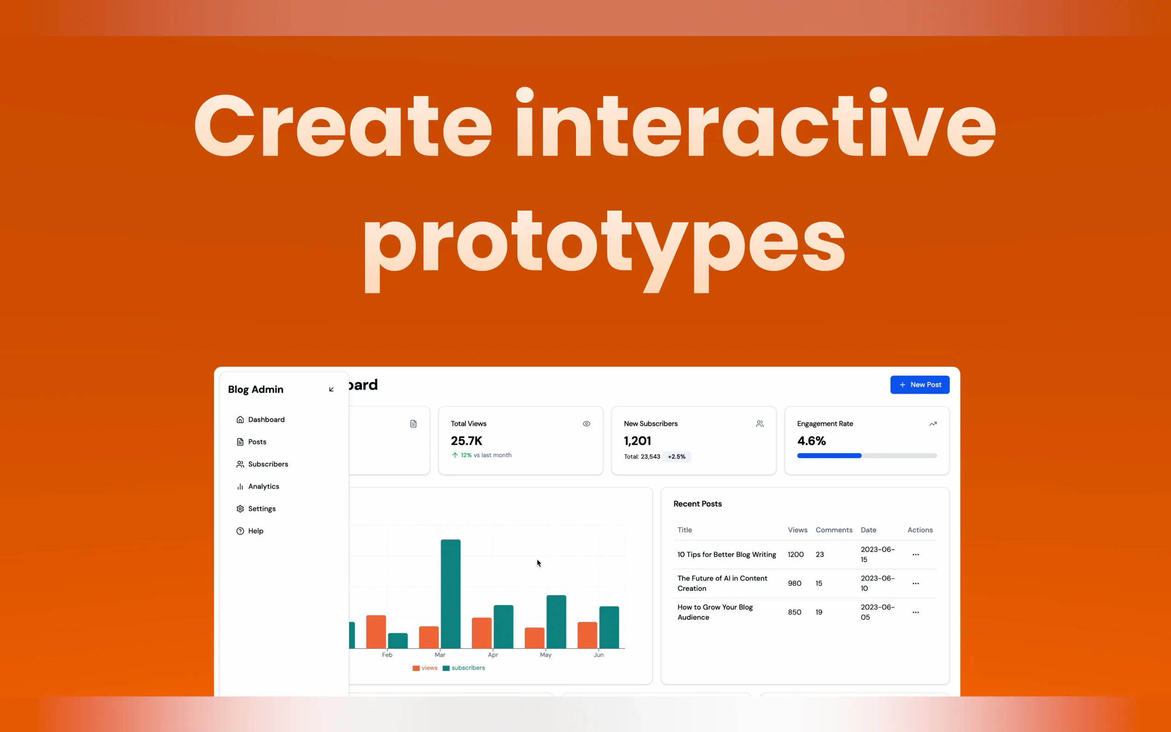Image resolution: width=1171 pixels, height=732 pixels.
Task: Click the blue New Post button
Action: [919, 384]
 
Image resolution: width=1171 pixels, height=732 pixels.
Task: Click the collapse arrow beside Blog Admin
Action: [331, 389]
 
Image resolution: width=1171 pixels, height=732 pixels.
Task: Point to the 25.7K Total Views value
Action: [466, 441]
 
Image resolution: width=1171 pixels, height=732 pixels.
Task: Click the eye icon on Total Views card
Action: [586, 424]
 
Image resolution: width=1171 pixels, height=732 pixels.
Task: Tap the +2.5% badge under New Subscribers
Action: [676, 456]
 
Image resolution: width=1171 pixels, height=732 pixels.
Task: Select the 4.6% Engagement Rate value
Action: [811, 441]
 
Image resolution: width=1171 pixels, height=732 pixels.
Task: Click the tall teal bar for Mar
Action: [450, 594]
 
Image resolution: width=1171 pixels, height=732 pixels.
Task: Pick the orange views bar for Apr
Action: [482, 633]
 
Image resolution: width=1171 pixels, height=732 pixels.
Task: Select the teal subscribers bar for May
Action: [556, 622]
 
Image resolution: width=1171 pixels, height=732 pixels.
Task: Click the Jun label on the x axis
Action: [598, 655]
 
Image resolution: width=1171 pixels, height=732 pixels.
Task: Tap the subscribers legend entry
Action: [463, 667]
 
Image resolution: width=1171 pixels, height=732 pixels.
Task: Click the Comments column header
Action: [834, 530]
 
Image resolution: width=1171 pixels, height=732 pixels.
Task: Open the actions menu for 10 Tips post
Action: [916, 555]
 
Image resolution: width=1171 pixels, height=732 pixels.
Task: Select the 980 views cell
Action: [794, 583]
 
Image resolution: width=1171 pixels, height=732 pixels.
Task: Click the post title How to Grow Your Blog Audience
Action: [715, 612]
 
